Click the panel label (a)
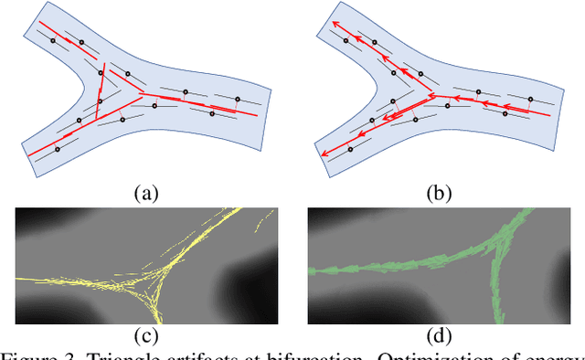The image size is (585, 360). [x=145, y=193]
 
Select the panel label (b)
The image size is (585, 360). [x=439, y=193]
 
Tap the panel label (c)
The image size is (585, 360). [x=145, y=341]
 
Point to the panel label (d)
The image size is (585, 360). [x=439, y=341]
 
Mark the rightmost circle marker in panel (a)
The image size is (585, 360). [x=238, y=99]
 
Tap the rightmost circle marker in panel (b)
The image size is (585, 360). [x=531, y=99]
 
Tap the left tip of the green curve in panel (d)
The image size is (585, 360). [x=314, y=270]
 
